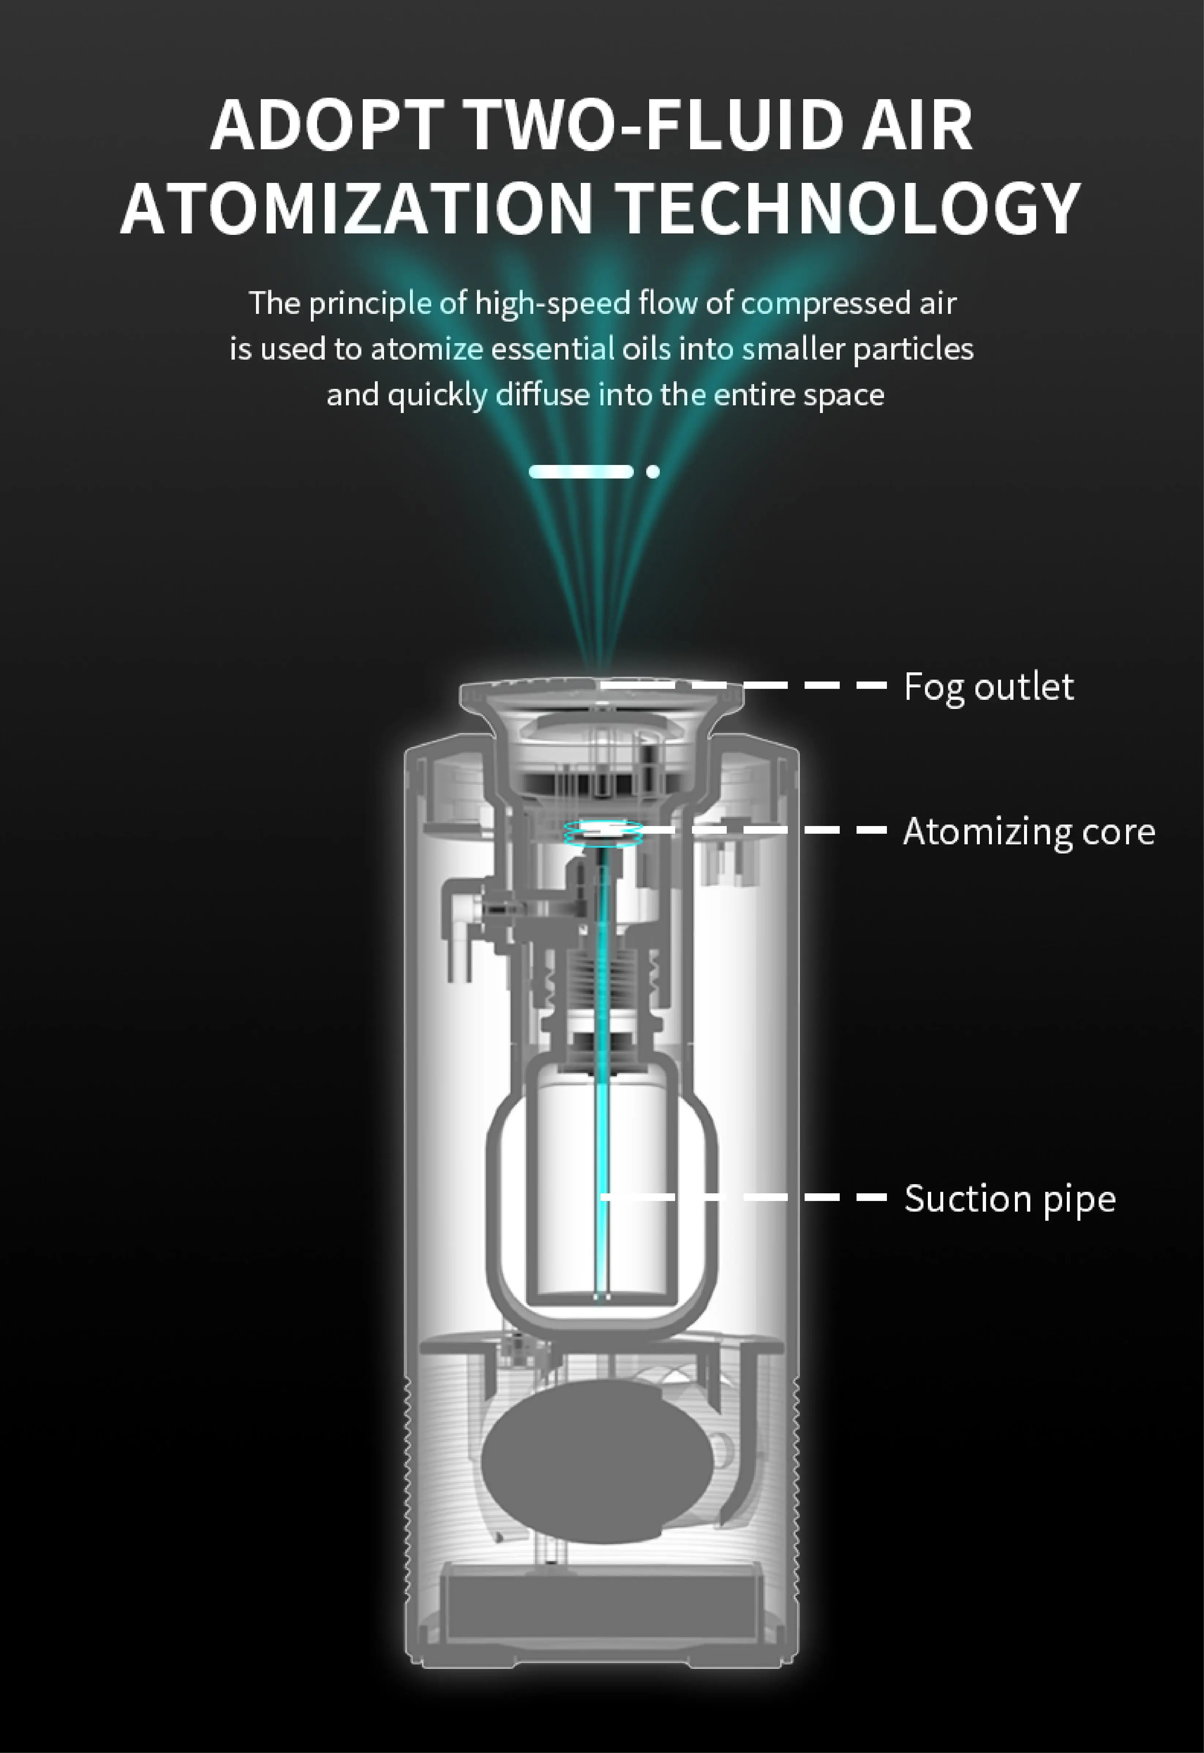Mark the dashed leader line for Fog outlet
[x=755, y=686]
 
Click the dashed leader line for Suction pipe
[x=755, y=1197]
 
